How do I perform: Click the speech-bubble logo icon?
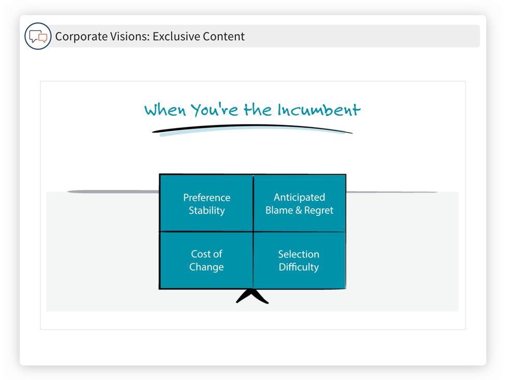tap(38, 36)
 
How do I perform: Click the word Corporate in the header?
tap(77, 36)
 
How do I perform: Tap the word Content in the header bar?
tap(223, 36)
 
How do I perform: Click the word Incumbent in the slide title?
tap(318, 110)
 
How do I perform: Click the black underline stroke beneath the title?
tap(252, 129)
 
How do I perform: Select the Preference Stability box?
tap(206, 203)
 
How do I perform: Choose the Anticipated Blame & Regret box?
tap(299, 203)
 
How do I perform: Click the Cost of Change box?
tap(206, 260)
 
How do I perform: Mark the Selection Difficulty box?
tap(299, 260)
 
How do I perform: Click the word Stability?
tap(206, 210)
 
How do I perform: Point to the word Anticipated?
tap(299, 197)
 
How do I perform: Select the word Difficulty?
tap(299, 267)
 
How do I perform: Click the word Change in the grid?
tap(206, 267)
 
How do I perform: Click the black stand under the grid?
tap(252, 296)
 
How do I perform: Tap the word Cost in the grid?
tap(200, 254)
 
